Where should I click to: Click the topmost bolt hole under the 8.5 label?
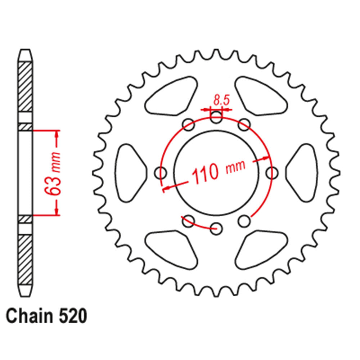point(216,116)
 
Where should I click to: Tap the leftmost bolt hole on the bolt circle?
point(161,172)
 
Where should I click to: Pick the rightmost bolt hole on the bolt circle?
point(272,172)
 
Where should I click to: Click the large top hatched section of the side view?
point(25,86)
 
